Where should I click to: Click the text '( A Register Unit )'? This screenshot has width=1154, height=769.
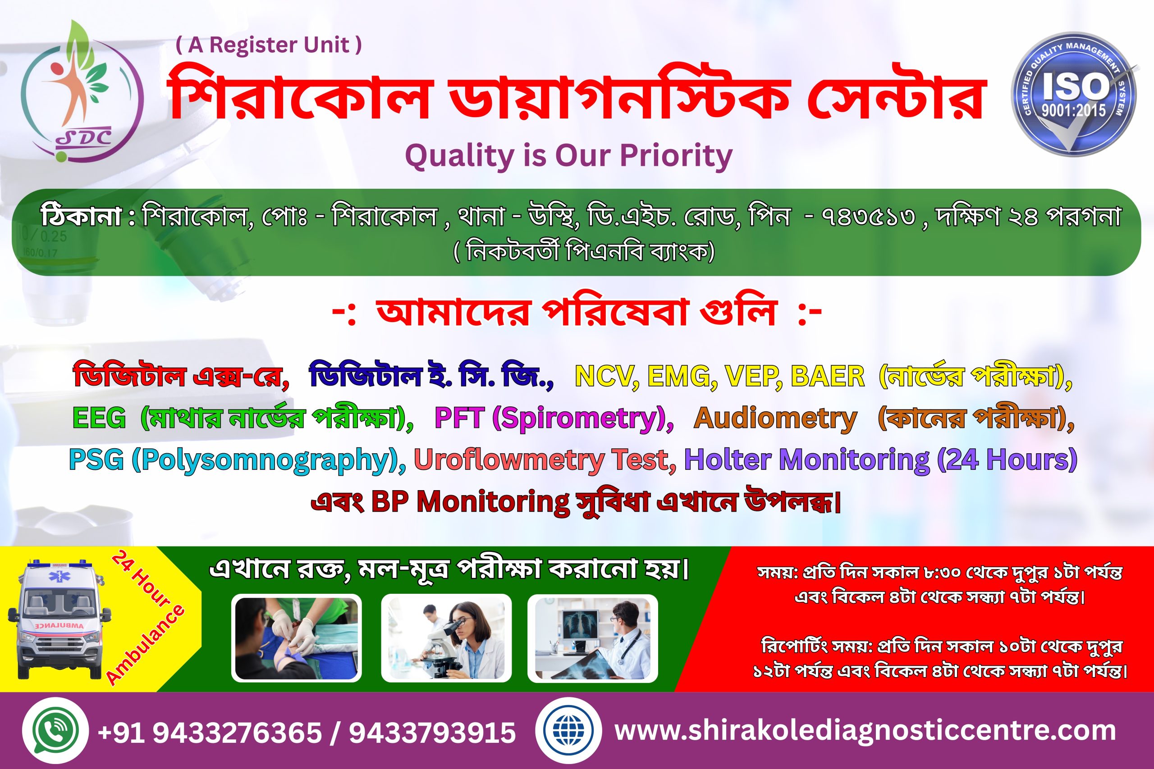click(269, 45)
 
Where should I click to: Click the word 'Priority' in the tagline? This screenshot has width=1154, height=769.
click(676, 156)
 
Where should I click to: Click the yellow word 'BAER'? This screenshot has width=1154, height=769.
click(827, 377)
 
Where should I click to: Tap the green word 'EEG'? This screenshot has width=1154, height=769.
click(99, 419)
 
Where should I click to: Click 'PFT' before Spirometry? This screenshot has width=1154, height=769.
click(460, 419)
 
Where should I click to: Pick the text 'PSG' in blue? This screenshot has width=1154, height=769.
click(96, 460)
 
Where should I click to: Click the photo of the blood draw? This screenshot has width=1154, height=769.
click(296, 638)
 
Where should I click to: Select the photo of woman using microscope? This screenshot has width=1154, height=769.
click(446, 638)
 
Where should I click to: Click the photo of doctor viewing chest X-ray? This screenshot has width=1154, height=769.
click(592, 638)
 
